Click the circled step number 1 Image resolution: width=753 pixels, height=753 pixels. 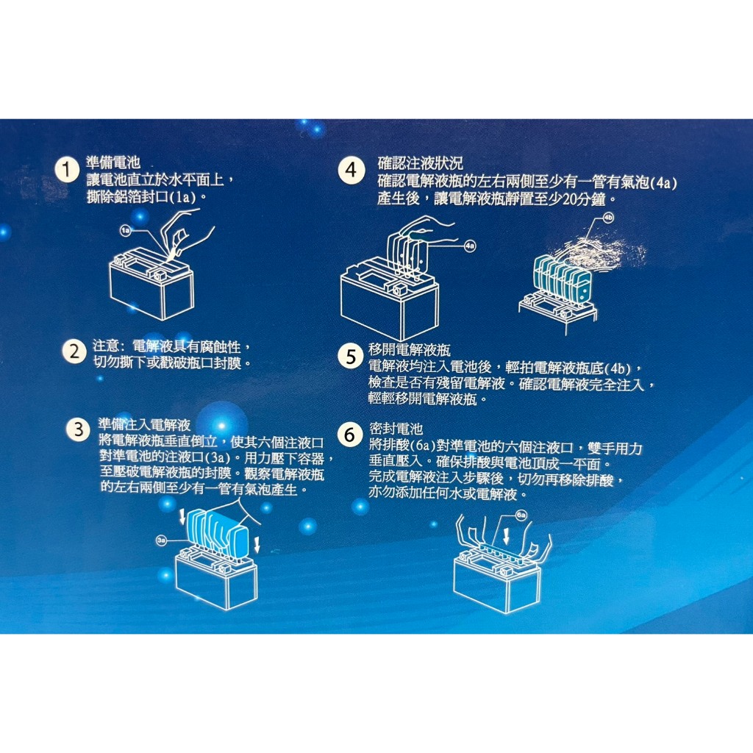(x=67, y=170)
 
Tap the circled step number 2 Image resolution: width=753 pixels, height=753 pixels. (x=74, y=351)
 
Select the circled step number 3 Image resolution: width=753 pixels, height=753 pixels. (x=78, y=429)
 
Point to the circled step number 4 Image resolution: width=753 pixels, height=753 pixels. (x=351, y=170)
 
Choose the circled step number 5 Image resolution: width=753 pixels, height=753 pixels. (x=351, y=357)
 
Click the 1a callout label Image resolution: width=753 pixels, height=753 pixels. (x=125, y=231)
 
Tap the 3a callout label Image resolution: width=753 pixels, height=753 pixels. (x=161, y=540)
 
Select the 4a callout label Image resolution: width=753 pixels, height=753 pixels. (x=470, y=246)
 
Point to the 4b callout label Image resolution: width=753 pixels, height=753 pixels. (x=608, y=218)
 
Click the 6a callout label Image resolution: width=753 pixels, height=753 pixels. (x=521, y=515)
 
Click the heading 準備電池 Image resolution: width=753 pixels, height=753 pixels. (x=113, y=163)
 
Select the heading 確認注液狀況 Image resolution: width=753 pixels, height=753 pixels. (x=420, y=163)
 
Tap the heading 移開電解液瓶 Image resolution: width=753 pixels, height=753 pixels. (x=409, y=349)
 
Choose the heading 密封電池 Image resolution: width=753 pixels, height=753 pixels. (x=396, y=429)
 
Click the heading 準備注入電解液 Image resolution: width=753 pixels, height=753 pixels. (x=145, y=424)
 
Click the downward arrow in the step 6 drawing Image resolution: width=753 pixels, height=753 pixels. (x=506, y=535)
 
